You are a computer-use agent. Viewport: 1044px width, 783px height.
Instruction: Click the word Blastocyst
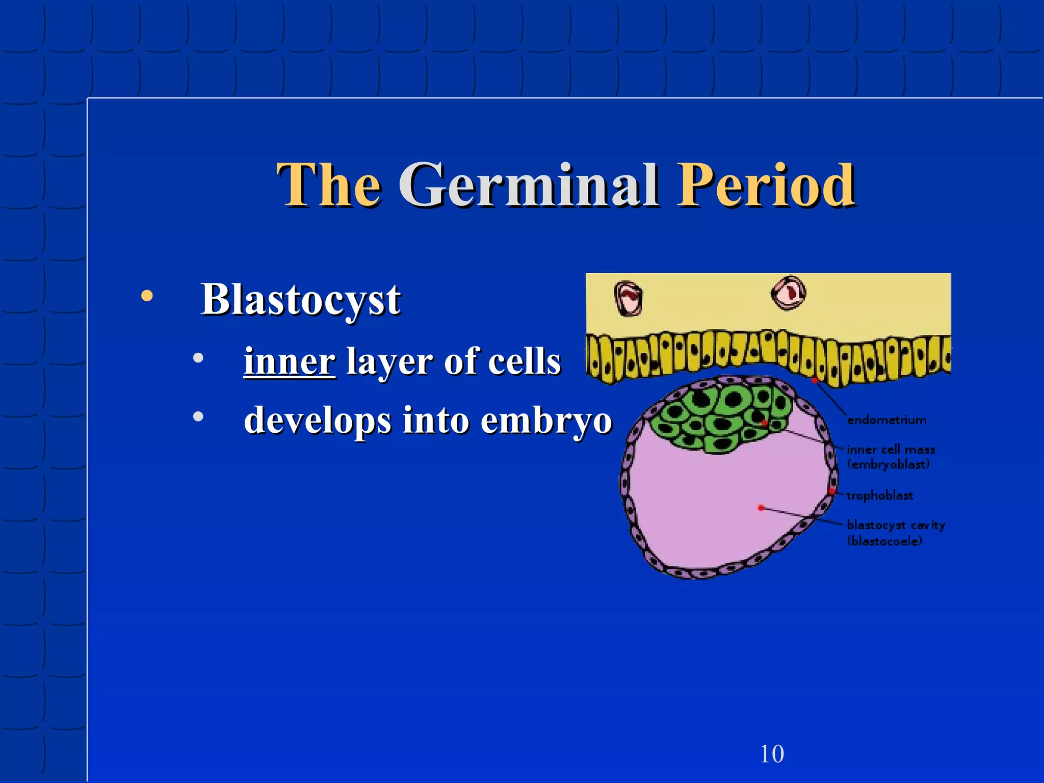(301, 300)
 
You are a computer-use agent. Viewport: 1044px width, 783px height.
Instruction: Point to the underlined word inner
(290, 361)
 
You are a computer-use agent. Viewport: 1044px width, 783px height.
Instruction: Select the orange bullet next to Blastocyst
(147, 296)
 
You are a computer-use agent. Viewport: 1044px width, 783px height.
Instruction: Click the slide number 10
(772, 754)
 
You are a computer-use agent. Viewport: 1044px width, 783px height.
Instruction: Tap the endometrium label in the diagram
(886, 420)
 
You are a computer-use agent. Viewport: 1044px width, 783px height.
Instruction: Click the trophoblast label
(879, 495)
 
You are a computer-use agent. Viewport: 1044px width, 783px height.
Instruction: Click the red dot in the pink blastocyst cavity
(761, 508)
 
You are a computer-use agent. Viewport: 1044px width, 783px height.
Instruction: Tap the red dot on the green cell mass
(764, 423)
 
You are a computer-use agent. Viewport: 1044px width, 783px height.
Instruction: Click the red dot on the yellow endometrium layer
(815, 380)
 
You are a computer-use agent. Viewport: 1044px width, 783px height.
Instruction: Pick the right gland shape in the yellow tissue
(788, 293)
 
